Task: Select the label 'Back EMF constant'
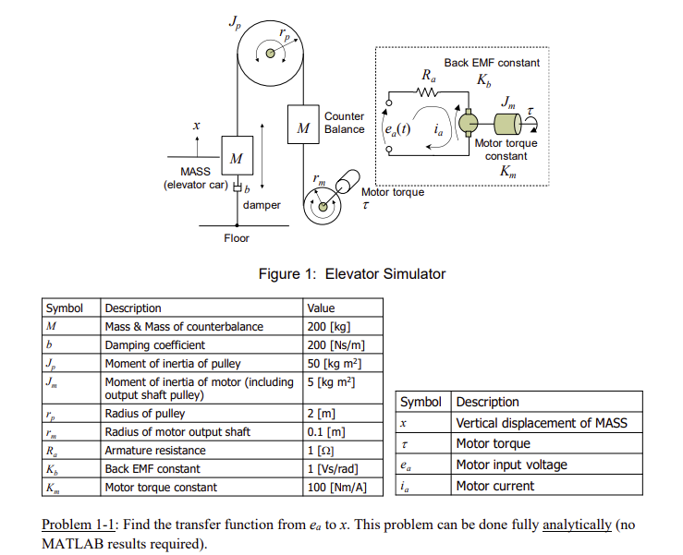point(492,63)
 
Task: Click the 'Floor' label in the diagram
point(237,238)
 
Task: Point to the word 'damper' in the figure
point(262,205)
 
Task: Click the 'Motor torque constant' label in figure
point(506,150)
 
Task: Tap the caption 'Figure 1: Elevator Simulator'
point(355,273)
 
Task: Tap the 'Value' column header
point(321,308)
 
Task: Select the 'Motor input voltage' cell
point(511,465)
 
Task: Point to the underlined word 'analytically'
point(577,525)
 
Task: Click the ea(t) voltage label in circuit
point(397,128)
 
